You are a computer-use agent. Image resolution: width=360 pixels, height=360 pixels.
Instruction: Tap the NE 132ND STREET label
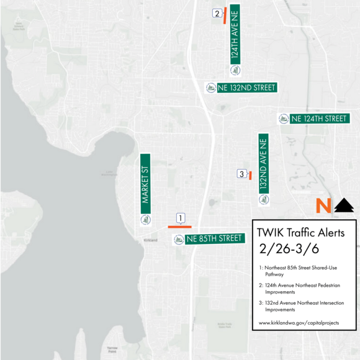point(246,88)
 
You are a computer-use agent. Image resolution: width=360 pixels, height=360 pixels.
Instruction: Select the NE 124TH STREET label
point(319,118)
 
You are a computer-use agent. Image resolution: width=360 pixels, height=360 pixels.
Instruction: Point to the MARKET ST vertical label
point(146,183)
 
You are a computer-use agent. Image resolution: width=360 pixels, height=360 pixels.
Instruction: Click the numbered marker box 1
point(180,218)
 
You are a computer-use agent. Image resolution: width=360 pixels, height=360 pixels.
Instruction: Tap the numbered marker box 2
point(217,13)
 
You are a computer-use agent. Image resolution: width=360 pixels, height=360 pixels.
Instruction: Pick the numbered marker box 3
point(241,174)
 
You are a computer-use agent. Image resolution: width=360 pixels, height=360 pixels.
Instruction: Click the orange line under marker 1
point(179,227)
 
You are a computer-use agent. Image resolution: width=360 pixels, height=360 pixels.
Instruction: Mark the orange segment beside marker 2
point(224,16)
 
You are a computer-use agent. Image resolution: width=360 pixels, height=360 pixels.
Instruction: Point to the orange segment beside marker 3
point(250,176)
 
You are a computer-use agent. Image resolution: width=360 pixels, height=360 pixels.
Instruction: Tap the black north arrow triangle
point(344,205)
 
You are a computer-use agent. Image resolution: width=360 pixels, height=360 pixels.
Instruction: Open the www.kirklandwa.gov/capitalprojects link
point(299,323)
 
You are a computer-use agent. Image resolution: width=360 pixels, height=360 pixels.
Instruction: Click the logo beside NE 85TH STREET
point(178,239)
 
